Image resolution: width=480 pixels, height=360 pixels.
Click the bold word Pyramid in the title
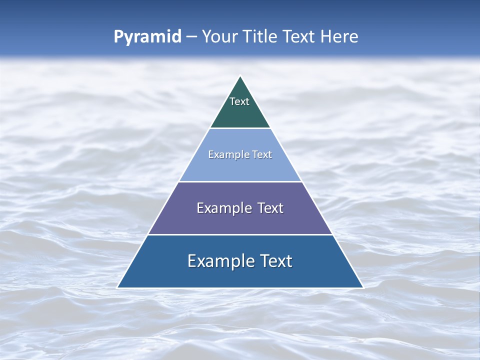(147, 37)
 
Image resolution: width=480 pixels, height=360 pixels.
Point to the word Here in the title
(339, 37)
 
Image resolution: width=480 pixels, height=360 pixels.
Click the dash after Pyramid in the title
(191, 37)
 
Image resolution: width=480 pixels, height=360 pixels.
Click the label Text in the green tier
(239, 101)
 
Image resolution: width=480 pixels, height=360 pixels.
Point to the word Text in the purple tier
(270, 208)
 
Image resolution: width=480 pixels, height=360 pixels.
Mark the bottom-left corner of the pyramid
(118, 287)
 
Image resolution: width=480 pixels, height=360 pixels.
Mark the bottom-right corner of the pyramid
(362, 287)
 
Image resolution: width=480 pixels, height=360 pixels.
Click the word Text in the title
(300, 37)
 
